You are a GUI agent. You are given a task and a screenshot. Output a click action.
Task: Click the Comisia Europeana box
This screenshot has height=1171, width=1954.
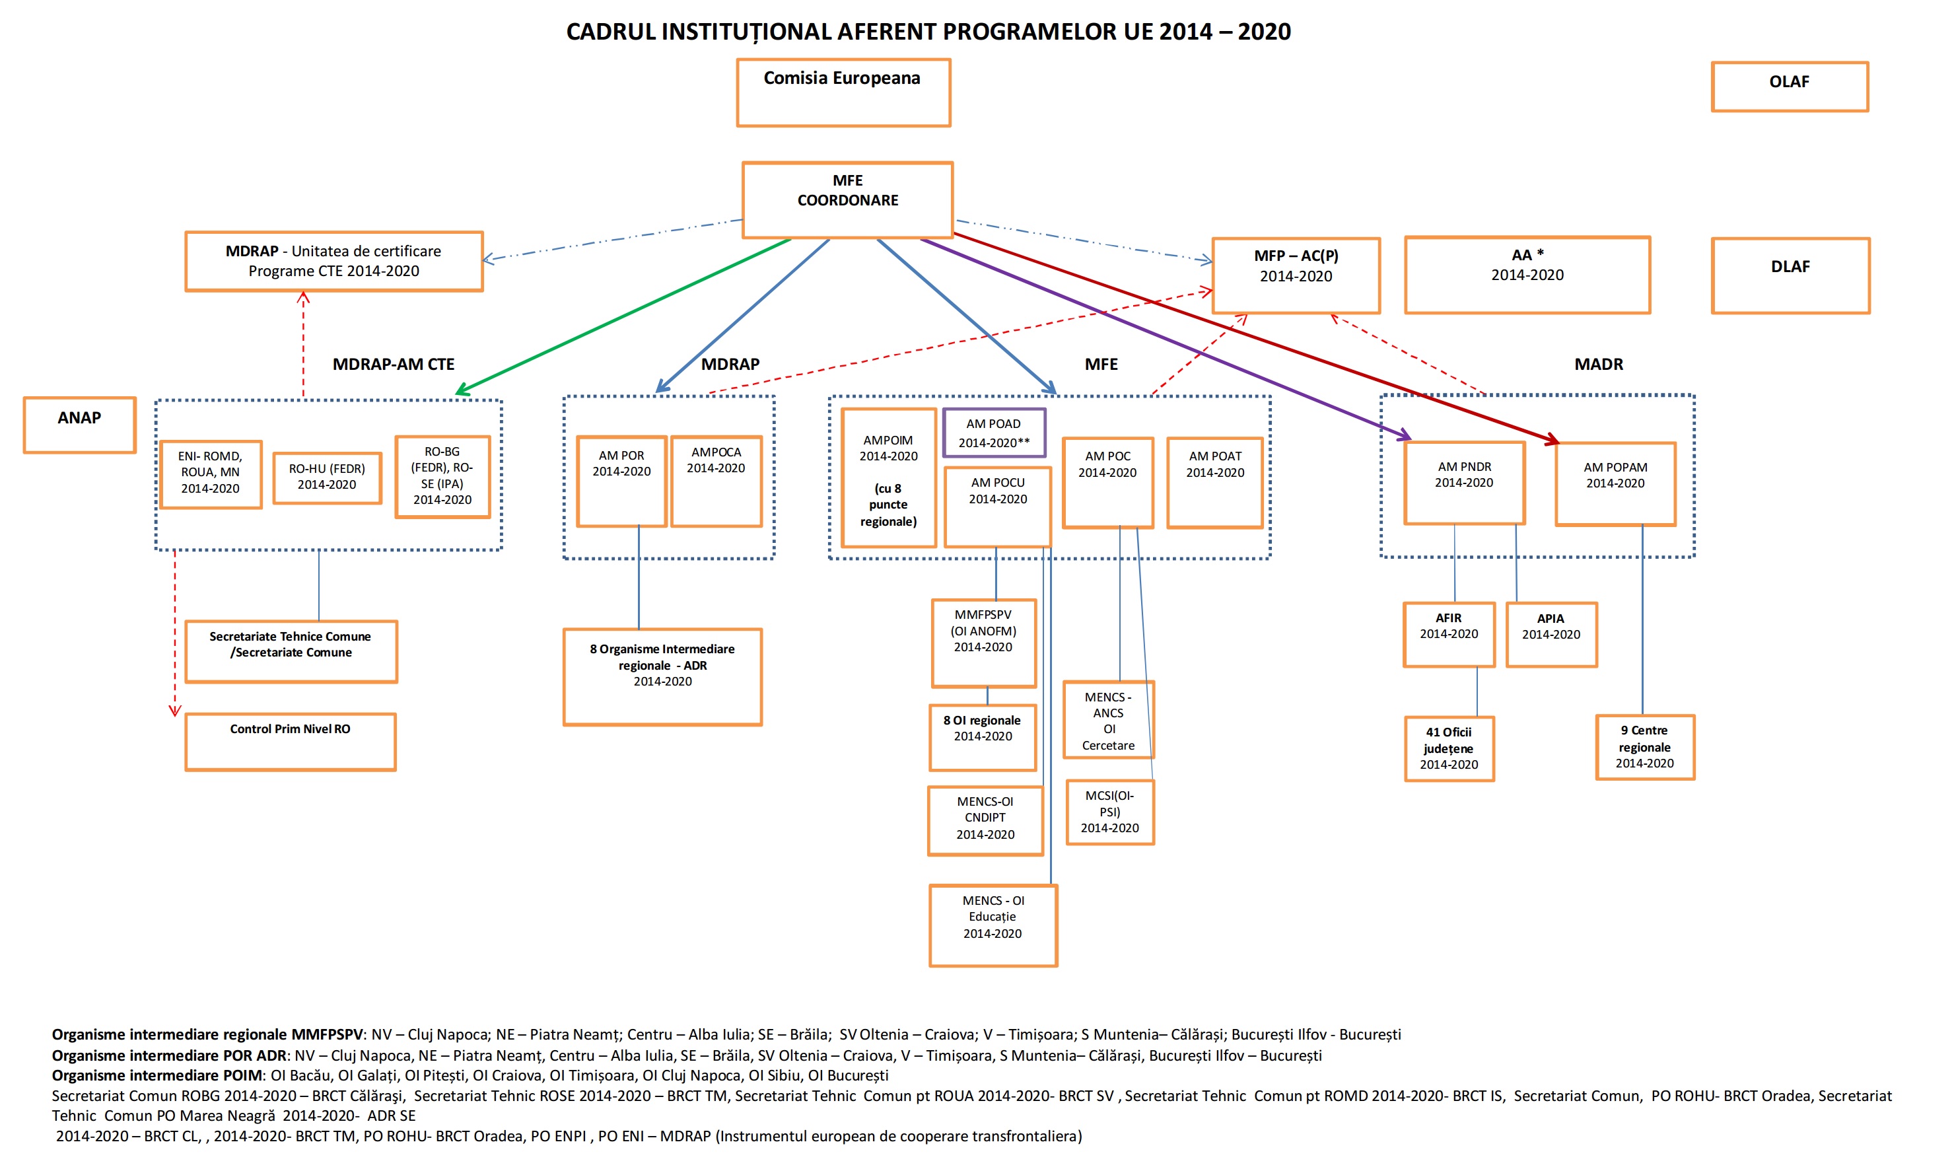click(x=843, y=92)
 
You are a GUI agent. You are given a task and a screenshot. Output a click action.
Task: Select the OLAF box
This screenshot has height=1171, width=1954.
click(x=1789, y=87)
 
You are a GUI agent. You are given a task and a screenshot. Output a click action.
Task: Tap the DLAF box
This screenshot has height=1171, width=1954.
click(x=1790, y=275)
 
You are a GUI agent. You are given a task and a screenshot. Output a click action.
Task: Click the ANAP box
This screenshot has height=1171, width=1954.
click(x=80, y=425)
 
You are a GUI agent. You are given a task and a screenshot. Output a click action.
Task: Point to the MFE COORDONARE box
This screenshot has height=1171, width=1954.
click(x=847, y=199)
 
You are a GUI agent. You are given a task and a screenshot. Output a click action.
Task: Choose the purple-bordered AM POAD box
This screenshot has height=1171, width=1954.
click(x=994, y=433)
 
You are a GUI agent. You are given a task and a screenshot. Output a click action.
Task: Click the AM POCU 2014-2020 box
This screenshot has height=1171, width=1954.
click(x=998, y=507)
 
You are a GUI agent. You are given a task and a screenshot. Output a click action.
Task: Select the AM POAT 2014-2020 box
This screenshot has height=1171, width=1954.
click(x=1215, y=482)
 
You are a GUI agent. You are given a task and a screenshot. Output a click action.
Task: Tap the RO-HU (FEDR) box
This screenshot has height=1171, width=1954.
click(x=328, y=478)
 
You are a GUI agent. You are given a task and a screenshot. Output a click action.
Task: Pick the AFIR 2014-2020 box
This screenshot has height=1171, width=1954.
click(x=1449, y=635)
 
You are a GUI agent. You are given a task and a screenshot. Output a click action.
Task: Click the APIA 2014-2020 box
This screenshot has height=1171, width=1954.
click(x=1552, y=635)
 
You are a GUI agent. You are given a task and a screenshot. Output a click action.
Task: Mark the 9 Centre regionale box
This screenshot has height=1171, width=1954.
click(x=1645, y=747)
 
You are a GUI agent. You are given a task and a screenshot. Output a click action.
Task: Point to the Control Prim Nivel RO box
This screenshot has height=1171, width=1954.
click(x=291, y=742)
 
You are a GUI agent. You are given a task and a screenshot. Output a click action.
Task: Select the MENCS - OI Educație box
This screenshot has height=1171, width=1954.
click(x=993, y=925)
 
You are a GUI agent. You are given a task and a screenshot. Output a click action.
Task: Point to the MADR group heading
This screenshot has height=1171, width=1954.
click(x=1598, y=365)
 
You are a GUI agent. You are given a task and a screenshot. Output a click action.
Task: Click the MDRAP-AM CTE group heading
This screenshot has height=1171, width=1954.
click(x=394, y=365)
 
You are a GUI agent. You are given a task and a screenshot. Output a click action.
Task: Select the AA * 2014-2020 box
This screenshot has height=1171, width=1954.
click(x=1527, y=275)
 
